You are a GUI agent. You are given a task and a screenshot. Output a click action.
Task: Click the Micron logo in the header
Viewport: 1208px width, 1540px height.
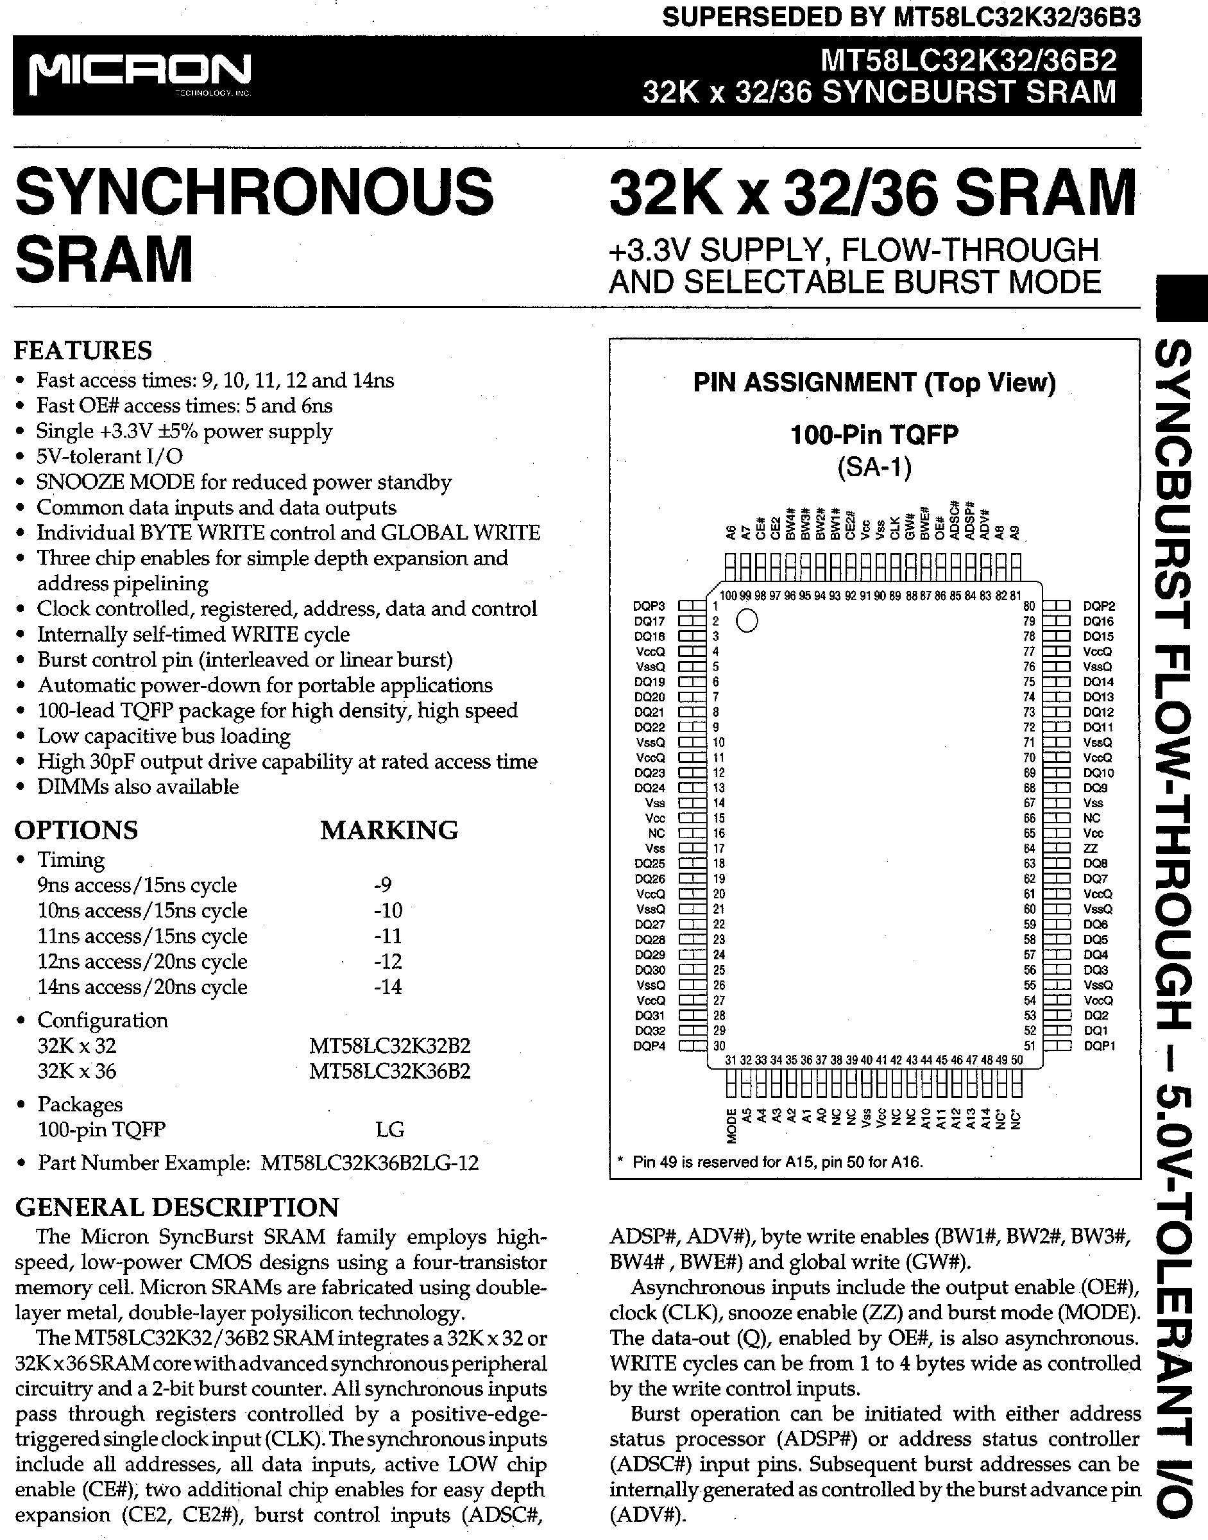click(140, 73)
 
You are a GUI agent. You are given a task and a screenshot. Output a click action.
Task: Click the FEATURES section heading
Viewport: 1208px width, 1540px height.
click(83, 351)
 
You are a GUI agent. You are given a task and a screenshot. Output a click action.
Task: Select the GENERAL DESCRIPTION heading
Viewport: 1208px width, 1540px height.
click(177, 1207)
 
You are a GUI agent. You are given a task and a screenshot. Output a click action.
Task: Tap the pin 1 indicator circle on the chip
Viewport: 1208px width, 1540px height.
click(747, 621)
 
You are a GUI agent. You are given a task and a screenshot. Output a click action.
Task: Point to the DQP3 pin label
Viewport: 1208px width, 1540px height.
click(649, 606)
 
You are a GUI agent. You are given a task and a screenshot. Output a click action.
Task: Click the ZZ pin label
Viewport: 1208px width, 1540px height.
click(1091, 848)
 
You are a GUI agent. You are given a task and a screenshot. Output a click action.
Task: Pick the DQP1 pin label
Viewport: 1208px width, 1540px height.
click(1099, 1045)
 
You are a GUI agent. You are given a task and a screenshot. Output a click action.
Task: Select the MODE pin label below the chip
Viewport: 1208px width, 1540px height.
click(732, 1125)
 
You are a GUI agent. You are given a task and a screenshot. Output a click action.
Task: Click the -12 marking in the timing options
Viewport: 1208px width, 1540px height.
click(387, 961)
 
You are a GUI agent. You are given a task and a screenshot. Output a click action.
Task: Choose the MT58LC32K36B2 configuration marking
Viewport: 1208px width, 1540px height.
click(389, 1071)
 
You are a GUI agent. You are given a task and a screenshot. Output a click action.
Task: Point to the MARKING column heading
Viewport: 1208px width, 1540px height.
click(389, 830)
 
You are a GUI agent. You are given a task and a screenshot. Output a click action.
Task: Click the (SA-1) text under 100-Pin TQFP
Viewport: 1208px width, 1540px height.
click(874, 467)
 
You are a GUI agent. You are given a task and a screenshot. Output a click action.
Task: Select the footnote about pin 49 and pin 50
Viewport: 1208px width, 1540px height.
click(770, 1161)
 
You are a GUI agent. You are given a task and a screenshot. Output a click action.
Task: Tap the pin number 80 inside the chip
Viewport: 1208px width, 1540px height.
click(1029, 606)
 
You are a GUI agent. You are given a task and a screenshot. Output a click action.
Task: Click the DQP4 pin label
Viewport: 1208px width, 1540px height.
click(649, 1045)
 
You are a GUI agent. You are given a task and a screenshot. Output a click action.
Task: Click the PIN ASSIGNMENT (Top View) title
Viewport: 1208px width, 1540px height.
click(874, 382)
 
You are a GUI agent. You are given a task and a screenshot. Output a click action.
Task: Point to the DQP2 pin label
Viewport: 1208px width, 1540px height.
click(1099, 606)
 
